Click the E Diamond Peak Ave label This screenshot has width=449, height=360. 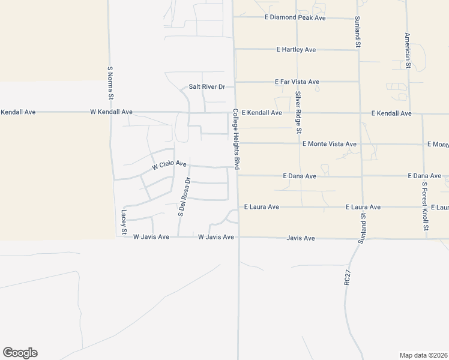[295, 18]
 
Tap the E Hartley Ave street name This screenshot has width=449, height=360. [296, 50]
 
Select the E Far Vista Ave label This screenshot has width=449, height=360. [297, 82]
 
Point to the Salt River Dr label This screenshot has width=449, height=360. [206, 87]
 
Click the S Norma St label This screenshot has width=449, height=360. [110, 83]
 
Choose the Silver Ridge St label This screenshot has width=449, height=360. [298, 112]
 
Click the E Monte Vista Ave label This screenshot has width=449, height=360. [330, 144]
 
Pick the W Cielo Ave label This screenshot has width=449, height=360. [169, 164]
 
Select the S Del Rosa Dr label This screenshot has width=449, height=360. [184, 197]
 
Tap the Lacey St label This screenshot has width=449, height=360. [124, 222]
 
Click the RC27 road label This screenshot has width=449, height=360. [347, 282]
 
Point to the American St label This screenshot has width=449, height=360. [407, 50]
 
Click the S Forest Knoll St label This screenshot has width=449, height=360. [424, 206]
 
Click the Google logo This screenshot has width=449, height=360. [20, 353]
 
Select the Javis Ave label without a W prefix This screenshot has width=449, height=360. [301, 238]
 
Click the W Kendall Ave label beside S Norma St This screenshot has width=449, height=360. [111, 112]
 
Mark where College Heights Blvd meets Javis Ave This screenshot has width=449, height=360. [239, 238]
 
